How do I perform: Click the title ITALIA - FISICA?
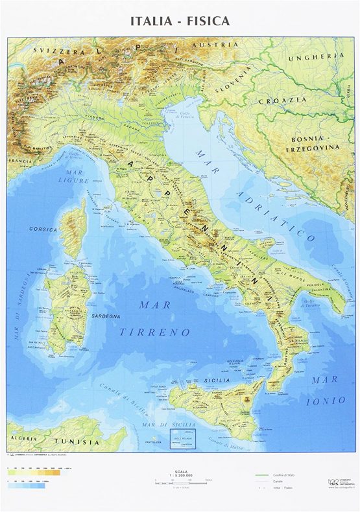pos(180,21)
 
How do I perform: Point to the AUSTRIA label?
pos(219,45)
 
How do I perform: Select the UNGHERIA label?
pos(320,56)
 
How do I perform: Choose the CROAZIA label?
pos(283,100)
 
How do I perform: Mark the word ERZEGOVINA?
pos(307,148)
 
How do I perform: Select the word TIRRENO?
pos(155,332)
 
